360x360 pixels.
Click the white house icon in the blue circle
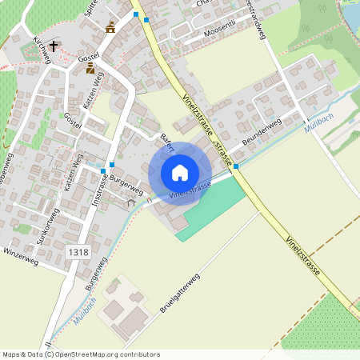[180, 173]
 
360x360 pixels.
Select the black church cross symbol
[54, 46]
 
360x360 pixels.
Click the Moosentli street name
[220, 30]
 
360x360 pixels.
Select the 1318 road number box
[78, 252]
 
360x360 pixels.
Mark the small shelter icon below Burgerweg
[131, 203]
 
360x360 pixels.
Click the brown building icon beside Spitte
[110, 28]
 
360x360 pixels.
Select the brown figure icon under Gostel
[90, 68]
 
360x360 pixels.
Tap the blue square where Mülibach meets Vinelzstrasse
[236, 166]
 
